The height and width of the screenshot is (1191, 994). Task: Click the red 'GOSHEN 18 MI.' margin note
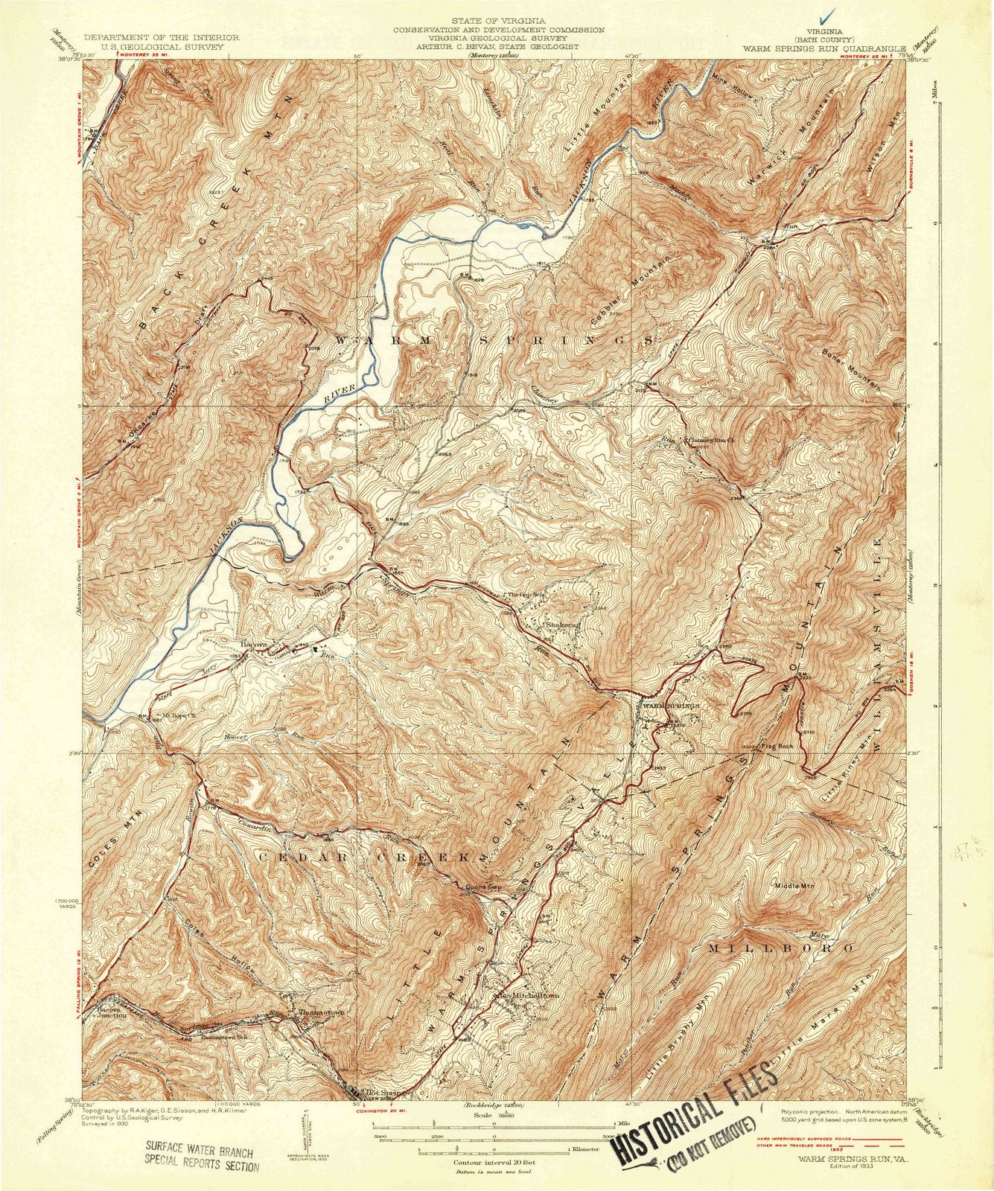pyautogui.click(x=914, y=674)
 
